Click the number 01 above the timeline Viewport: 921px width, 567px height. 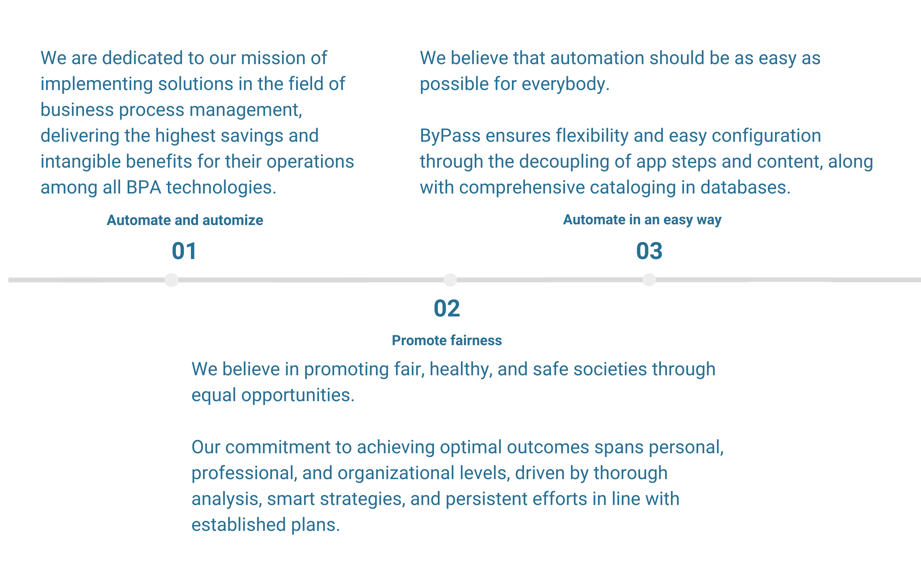(x=184, y=251)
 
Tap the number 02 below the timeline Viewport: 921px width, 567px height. (x=446, y=308)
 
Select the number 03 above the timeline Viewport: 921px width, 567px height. (x=649, y=251)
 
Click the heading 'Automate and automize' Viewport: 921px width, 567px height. (x=185, y=220)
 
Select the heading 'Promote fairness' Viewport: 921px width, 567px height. (x=446, y=341)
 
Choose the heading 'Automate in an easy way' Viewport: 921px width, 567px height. (x=642, y=220)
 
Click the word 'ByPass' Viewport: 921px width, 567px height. (x=450, y=136)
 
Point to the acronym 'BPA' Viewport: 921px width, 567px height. (x=143, y=187)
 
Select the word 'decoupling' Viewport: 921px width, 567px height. (x=564, y=162)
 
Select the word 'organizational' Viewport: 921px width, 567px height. (x=395, y=473)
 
